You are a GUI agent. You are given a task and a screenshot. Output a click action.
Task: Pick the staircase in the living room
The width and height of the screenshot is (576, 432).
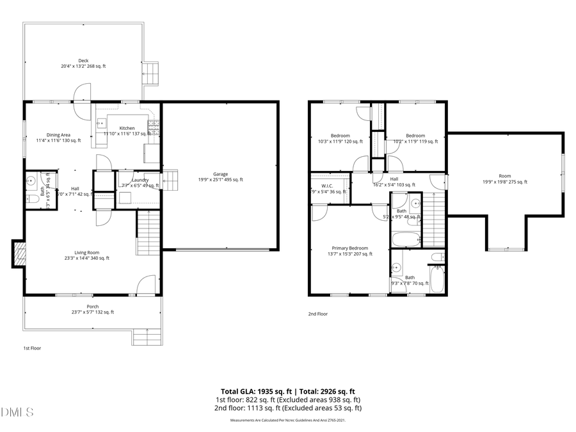coord(147,233)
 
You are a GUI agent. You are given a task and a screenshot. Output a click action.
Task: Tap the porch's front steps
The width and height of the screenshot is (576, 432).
coord(147,336)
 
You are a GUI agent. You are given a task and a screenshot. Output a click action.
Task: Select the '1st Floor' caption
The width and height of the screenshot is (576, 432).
coord(32,348)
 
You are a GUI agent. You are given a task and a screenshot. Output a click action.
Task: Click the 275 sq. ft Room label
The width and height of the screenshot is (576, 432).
coord(505,179)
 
